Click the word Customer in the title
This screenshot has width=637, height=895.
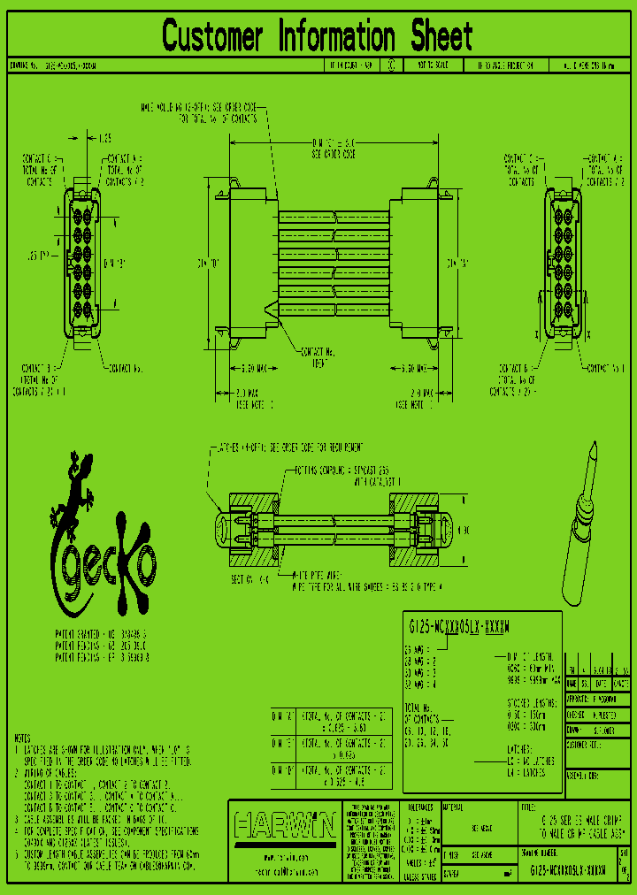tap(212, 37)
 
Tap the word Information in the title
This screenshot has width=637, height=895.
tap(337, 37)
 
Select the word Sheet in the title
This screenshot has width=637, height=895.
tap(441, 37)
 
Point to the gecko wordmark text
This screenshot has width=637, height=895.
tap(104, 568)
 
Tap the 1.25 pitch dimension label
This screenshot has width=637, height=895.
tap(104, 139)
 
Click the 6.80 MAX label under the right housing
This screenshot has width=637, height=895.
tap(411, 368)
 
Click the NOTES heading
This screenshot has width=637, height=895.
tap(24, 737)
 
